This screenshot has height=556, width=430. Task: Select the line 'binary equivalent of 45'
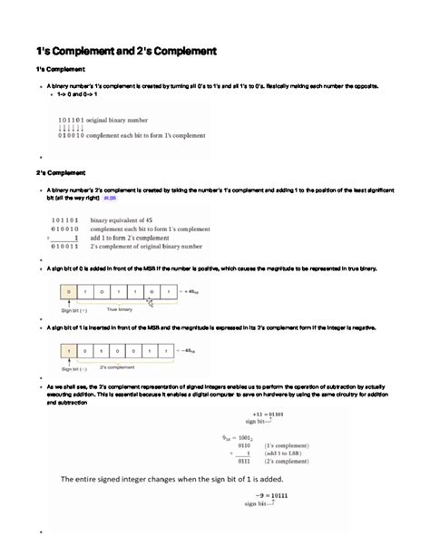click(x=133, y=220)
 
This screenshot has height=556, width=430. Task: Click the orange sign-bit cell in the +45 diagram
click(x=65, y=292)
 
